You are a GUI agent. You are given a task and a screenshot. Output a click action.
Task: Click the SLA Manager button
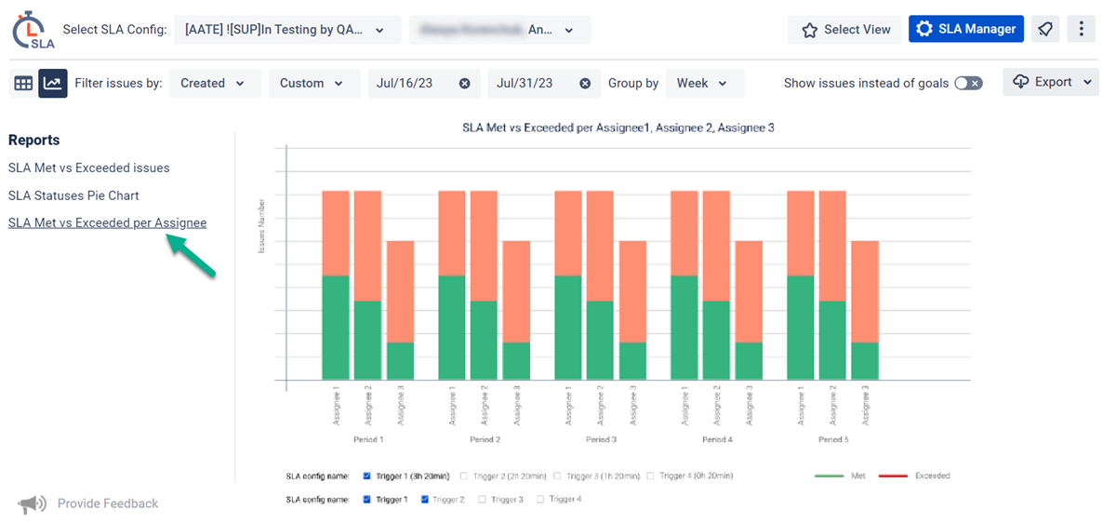(x=966, y=29)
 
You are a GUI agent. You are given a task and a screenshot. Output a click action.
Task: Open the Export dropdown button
(x=1051, y=82)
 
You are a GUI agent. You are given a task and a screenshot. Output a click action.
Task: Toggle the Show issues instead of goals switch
(x=968, y=83)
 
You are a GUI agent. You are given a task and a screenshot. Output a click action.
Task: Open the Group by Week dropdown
(x=704, y=83)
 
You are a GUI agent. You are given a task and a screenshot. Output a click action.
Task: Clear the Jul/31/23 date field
(x=585, y=83)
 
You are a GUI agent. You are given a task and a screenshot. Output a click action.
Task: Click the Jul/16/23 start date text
(x=405, y=83)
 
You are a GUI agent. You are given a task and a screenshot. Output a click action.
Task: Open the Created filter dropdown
(x=213, y=83)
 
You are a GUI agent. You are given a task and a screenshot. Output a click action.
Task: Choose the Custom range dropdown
(x=313, y=83)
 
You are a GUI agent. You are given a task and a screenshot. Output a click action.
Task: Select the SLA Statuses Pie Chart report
(x=73, y=195)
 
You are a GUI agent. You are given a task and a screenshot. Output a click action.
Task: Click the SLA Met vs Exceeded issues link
(x=88, y=168)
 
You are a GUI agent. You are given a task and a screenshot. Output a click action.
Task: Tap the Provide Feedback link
(x=107, y=503)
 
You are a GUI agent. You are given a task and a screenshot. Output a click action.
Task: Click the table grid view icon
(x=23, y=83)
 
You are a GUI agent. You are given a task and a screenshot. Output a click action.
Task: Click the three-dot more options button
(x=1081, y=29)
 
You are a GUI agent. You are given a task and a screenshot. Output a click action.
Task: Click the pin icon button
(x=1046, y=29)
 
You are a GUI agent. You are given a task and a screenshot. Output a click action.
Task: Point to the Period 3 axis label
(x=601, y=439)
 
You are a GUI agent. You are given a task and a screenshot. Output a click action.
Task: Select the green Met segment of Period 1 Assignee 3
(x=400, y=361)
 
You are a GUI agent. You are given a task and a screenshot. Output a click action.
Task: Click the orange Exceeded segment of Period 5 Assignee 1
(x=801, y=233)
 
